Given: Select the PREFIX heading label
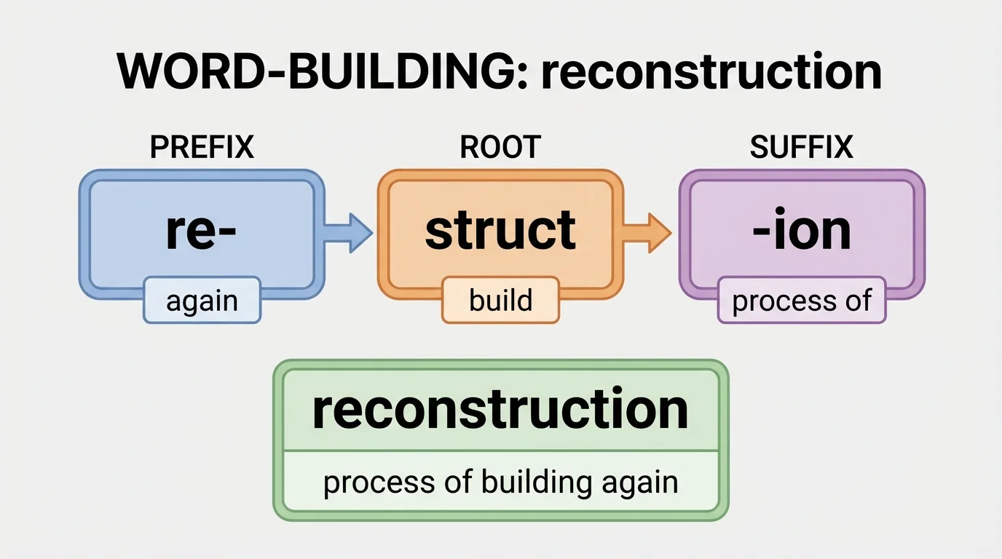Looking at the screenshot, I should click(x=202, y=148).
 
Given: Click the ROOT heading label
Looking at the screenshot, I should click(x=500, y=148).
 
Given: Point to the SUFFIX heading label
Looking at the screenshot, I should click(x=801, y=148).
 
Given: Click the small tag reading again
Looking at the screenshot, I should click(x=202, y=301).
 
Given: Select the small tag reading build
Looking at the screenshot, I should click(x=500, y=301).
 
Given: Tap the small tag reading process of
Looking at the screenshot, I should click(x=801, y=301).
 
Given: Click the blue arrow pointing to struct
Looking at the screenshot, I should click(x=350, y=233).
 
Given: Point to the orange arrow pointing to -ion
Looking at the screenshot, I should click(x=648, y=233).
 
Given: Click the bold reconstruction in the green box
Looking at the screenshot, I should click(x=500, y=409).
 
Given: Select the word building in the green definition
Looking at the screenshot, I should click(x=537, y=483).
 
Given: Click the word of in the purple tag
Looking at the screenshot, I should click(x=858, y=301).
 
